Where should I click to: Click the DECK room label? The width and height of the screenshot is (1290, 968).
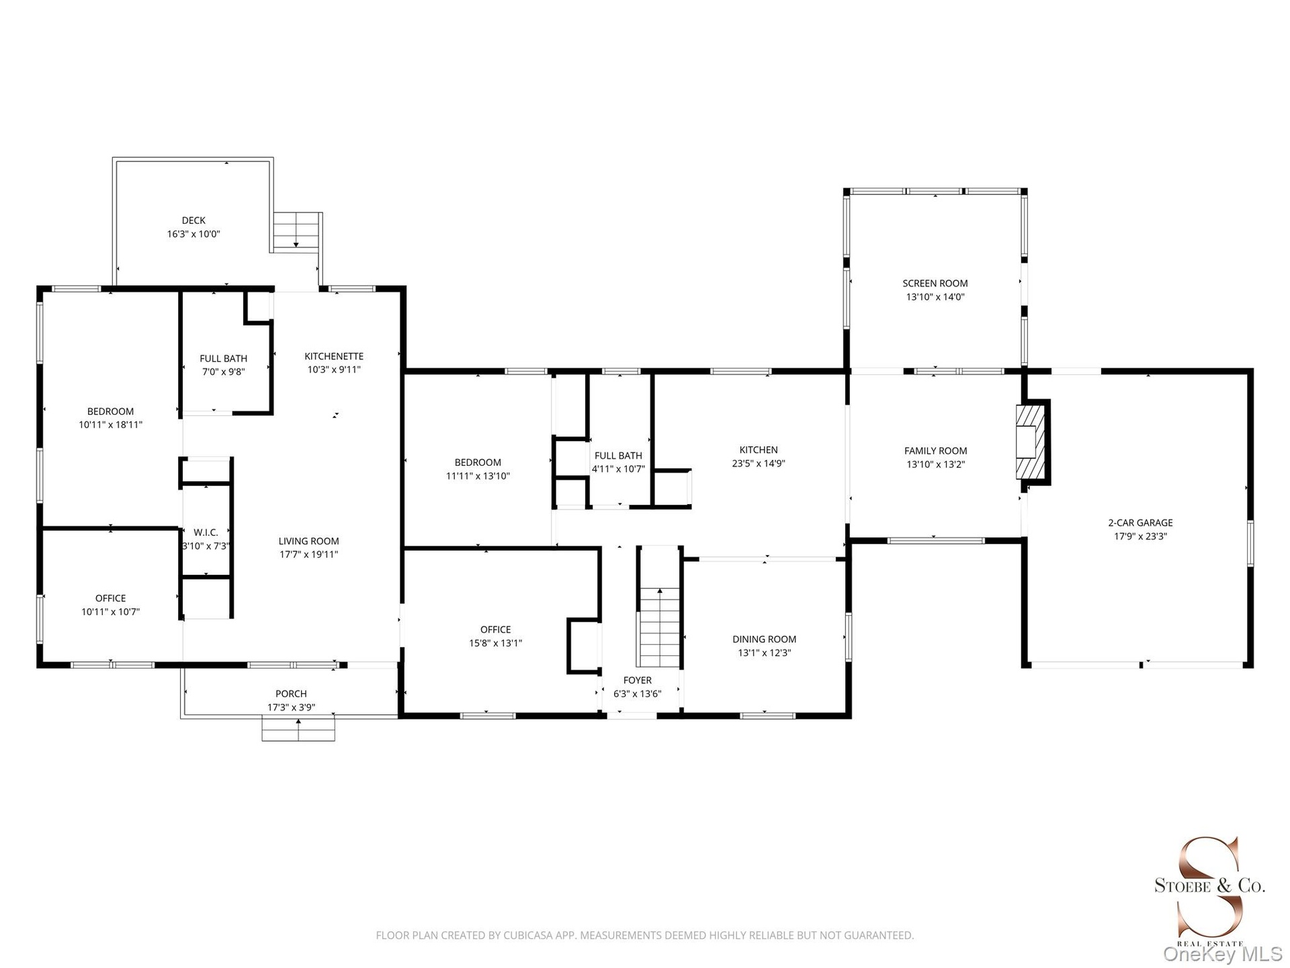point(193,220)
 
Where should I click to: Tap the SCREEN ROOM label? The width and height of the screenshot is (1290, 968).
point(935,284)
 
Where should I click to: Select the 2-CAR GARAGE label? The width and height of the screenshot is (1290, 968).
point(1140,523)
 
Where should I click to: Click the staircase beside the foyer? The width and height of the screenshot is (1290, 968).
point(659,627)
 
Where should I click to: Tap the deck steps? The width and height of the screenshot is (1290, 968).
point(296,231)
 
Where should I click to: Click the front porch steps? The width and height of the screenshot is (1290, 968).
point(298,729)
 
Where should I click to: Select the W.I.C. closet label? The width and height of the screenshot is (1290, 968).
point(206,532)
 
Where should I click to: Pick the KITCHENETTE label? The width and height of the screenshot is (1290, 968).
point(334,356)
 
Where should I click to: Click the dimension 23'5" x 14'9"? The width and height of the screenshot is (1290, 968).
point(759,463)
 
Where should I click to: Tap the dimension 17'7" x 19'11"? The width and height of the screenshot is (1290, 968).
point(309,555)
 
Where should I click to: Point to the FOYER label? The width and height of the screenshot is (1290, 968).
point(638,680)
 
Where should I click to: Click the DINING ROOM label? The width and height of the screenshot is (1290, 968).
point(765,639)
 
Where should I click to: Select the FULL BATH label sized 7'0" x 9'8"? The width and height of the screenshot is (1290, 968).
point(224,359)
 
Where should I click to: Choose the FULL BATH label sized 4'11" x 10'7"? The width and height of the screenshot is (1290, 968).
point(618,456)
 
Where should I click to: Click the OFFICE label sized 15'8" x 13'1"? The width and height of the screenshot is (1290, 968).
point(496,630)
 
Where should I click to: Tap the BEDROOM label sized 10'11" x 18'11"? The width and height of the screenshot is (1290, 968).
point(111,411)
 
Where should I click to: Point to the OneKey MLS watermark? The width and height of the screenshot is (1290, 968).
point(1223,954)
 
